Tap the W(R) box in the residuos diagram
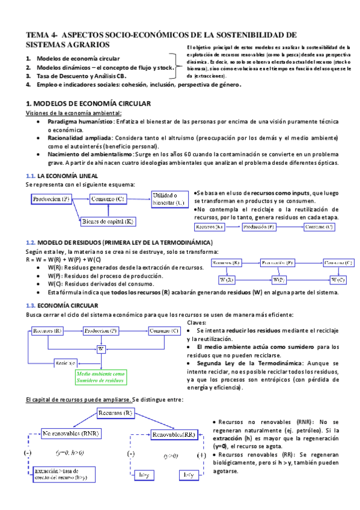(227, 280)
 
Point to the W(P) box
(278, 280)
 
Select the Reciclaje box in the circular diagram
(64, 363)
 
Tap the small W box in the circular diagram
(100, 348)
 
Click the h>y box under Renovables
(144, 475)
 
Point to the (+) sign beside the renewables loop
(201, 455)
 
